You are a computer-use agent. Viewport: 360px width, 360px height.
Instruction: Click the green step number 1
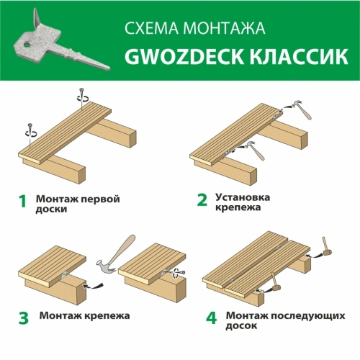(22, 202)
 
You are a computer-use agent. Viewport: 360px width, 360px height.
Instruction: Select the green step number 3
(23, 315)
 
